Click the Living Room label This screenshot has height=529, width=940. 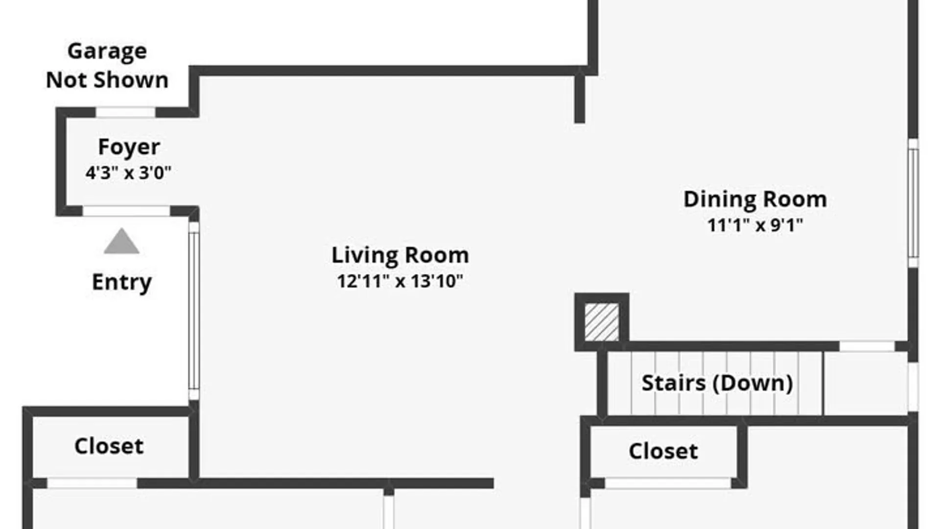tap(400, 255)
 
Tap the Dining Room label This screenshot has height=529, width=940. tap(755, 199)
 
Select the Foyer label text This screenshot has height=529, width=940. tap(129, 147)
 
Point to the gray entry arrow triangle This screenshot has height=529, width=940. tap(121, 241)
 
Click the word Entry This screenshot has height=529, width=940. tap(122, 282)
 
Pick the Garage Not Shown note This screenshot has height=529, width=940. tap(107, 65)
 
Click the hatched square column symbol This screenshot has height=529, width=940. tap(602, 322)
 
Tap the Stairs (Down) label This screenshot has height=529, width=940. tap(717, 383)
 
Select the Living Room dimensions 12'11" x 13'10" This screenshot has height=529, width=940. tap(400, 281)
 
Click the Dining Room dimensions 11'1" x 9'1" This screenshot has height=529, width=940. tap(755, 225)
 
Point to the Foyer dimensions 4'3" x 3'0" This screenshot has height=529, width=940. tap(128, 173)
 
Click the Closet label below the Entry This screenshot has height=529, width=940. tap(109, 446)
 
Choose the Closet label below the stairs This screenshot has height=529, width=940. tap(663, 451)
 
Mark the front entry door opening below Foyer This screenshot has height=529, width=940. tap(126, 211)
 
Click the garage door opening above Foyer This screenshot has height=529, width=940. tap(125, 112)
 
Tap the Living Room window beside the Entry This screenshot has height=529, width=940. tap(194, 311)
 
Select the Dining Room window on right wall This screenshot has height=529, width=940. tap(913, 203)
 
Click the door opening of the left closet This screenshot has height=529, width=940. tap(92, 483)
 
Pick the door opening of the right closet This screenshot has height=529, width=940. tap(668, 483)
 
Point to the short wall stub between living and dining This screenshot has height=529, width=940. tap(580, 96)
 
